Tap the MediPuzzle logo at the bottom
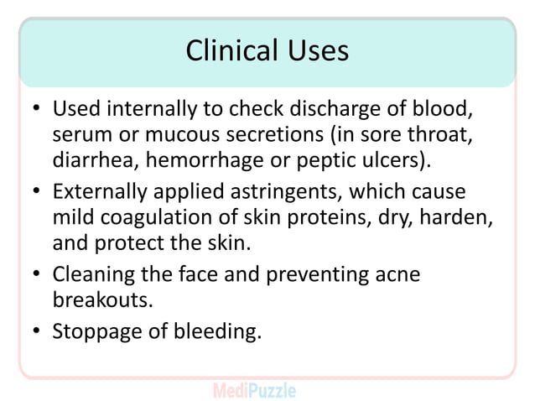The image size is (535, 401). [254, 389]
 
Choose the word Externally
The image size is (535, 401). [98, 192]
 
